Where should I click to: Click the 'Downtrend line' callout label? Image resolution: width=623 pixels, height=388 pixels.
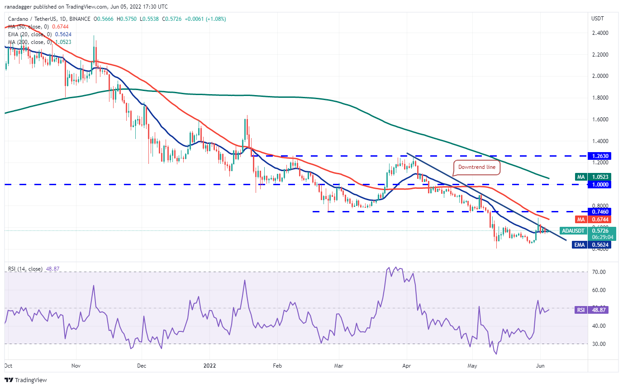[x=477, y=167]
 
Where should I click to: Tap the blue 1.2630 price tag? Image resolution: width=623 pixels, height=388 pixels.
[x=599, y=156]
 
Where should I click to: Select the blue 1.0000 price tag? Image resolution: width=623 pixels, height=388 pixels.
[x=599, y=185]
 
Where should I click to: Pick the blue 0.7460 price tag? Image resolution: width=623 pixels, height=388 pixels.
[x=599, y=212]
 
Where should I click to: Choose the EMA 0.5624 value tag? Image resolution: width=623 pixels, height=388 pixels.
[x=591, y=245]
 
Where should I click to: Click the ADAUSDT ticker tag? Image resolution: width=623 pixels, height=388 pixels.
[x=573, y=231]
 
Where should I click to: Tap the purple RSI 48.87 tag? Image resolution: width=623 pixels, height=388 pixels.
[x=591, y=310]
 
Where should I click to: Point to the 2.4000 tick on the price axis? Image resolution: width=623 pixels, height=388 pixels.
[x=600, y=33]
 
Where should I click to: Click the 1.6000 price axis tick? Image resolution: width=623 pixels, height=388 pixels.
[x=600, y=120]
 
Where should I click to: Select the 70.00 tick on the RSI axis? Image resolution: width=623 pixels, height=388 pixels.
[x=599, y=272]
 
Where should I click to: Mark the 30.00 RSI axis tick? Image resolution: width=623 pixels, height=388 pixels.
[x=599, y=344]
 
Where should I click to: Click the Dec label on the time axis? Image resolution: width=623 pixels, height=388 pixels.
[x=142, y=366]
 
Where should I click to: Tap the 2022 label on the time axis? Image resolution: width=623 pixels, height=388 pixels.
[x=210, y=366]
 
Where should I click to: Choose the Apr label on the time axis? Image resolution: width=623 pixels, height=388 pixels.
[x=407, y=366]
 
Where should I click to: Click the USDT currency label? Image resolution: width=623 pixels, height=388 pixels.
[x=597, y=19]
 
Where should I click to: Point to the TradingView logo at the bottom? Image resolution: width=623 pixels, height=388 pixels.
[x=26, y=380]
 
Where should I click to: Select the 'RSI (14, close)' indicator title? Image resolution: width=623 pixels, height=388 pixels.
[x=25, y=269]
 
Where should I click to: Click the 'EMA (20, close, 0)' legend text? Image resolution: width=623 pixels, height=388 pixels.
[x=30, y=34]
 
